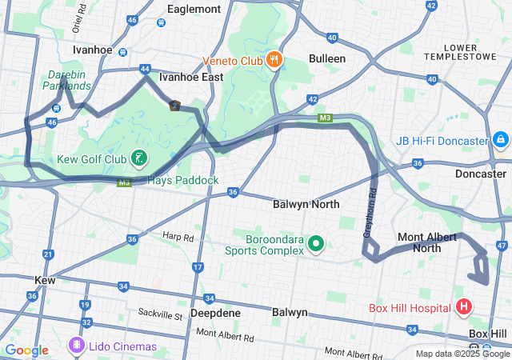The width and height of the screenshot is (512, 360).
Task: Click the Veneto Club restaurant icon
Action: point(274,58)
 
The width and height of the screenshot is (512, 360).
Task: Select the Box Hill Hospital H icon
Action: point(463,306)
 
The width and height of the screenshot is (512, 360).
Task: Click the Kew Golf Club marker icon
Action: point(139,158)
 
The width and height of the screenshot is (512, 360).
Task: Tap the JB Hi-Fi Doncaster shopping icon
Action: point(500,141)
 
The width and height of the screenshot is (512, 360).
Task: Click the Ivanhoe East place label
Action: point(191,78)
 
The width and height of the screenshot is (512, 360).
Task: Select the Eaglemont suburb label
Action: point(194,9)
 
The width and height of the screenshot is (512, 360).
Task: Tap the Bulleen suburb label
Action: point(327,58)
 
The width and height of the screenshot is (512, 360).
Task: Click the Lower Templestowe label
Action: point(477,53)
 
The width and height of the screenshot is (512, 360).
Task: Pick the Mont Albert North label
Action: point(430,242)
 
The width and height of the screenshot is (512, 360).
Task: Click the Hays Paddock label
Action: point(183,180)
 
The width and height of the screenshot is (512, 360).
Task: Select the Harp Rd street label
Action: point(178,238)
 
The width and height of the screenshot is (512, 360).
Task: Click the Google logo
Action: point(27,350)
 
